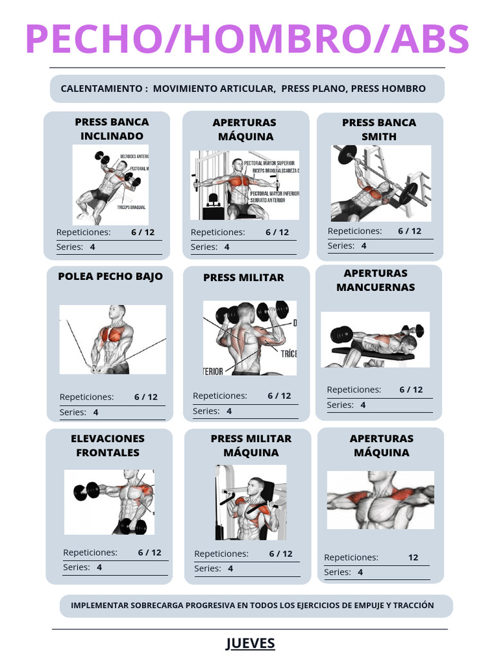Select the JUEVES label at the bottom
click(250, 643)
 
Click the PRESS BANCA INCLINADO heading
click(112, 129)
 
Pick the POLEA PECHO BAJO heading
click(111, 277)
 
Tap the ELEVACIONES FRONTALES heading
click(108, 445)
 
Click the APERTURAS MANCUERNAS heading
click(376, 280)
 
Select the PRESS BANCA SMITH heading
click(379, 129)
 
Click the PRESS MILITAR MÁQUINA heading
click(251, 445)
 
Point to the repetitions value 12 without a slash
click(413, 557)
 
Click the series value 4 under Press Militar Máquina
click(230, 568)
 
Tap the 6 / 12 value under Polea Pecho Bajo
click(146, 397)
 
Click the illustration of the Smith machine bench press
click(381, 183)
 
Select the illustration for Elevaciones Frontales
click(109, 502)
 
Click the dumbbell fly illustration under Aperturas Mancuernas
click(376, 339)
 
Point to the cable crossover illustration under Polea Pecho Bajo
click(113, 339)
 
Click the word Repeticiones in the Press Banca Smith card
click(354, 231)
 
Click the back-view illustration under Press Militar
click(250, 338)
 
